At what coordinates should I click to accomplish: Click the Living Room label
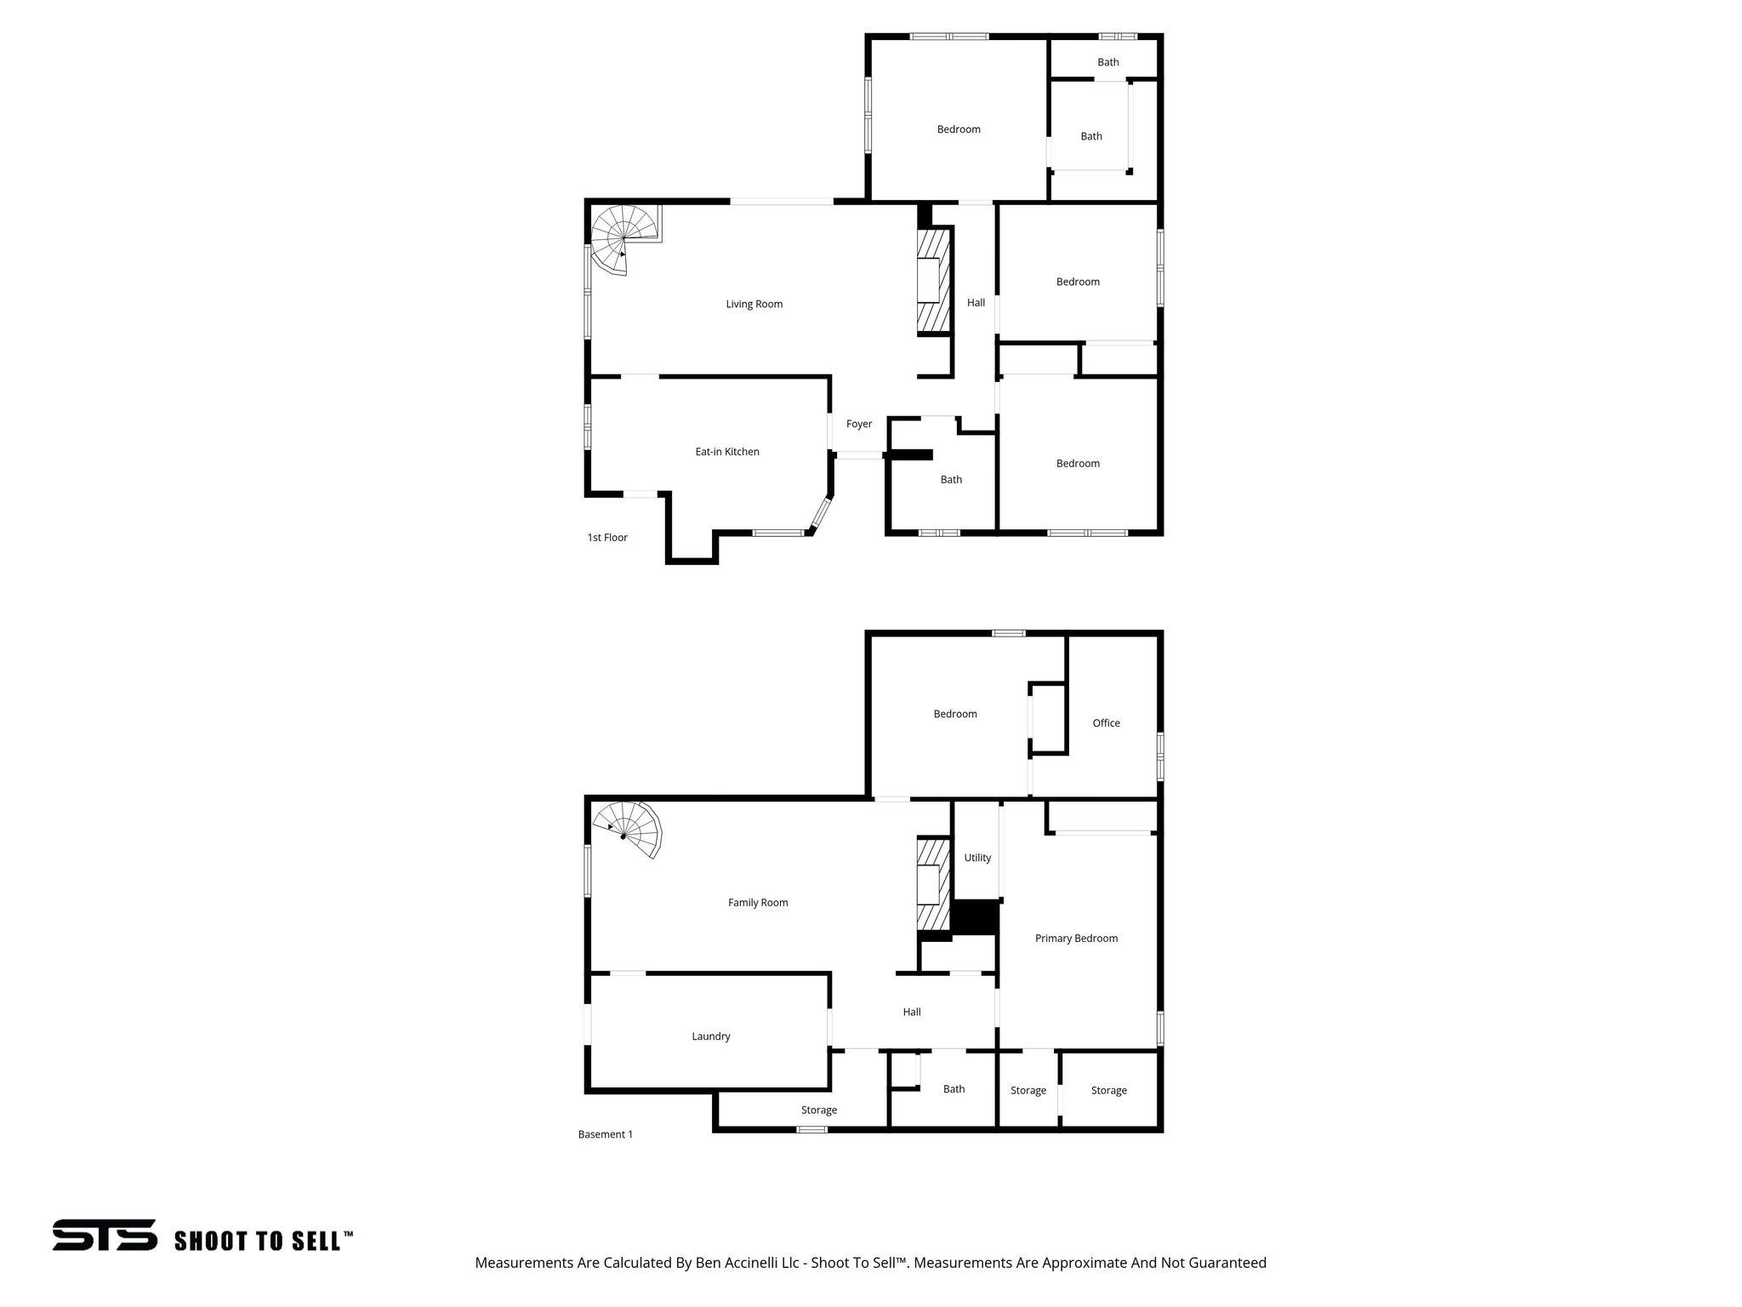tap(754, 305)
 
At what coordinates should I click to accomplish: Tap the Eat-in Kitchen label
tap(727, 452)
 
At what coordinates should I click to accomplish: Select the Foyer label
tap(859, 424)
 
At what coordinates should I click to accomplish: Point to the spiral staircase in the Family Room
tap(632, 830)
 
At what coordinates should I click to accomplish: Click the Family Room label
tap(758, 903)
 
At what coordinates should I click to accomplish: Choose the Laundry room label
tap(711, 1036)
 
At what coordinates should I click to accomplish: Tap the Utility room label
tap(977, 858)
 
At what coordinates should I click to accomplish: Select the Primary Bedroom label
tap(1076, 939)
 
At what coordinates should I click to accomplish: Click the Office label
tap(1106, 723)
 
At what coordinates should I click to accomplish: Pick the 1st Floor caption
tap(607, 538)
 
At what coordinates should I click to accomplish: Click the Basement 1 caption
tap(606, 1134)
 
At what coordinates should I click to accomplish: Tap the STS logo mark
tap(105, 1235)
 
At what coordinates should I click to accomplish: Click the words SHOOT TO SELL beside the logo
tap(259, 1241)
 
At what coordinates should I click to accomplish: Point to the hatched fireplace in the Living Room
tap(932, 281)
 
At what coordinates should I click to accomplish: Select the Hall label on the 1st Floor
tap(976, 303)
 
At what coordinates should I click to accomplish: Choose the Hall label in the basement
tap(912, 1013)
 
